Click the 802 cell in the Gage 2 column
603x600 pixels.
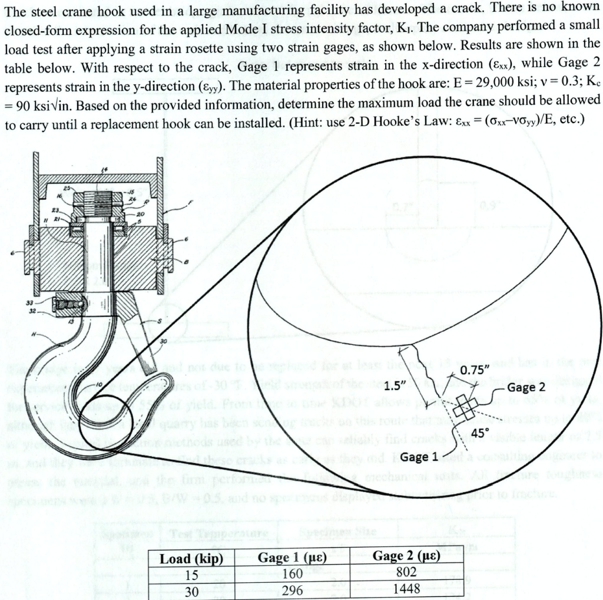point(406,572)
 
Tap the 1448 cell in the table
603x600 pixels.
point(406,589)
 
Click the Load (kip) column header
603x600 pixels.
point(191,558)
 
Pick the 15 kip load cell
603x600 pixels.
point(191,574)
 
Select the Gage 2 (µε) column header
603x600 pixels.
point(406,556)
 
